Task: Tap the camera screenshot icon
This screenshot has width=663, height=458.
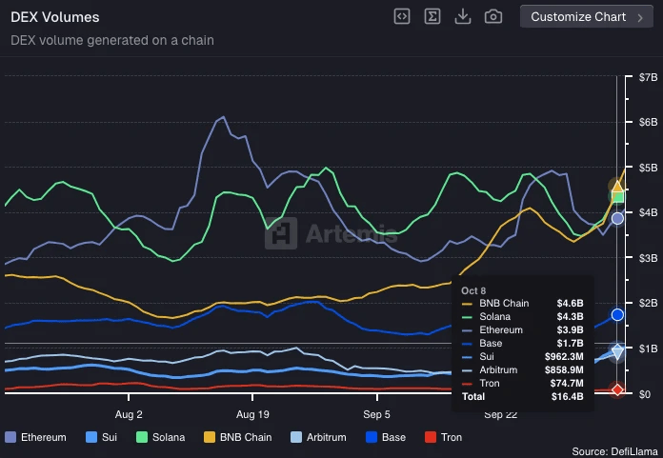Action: click(x=493, y=16)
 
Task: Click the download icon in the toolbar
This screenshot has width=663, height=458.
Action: click(x=463, y=16)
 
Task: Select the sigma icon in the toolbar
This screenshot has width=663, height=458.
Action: click(x=432, y=16)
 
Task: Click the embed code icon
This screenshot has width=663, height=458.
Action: click(x=402, y=16)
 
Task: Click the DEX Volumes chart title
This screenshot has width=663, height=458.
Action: click(x=54, y=17)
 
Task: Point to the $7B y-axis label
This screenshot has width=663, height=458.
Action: click(x=648, y=76)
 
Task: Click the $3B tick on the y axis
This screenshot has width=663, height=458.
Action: click(x=648, y=258)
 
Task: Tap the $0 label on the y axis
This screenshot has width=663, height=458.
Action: click(x=644, y=394)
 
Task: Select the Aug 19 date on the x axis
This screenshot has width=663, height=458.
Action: click(x=252, y=415)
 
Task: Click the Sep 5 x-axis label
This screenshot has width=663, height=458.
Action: click(x=376, y=415)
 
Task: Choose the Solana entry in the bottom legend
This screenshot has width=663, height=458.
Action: click(x=162, y=437)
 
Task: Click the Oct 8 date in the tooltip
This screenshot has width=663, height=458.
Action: click(x=473, y=289)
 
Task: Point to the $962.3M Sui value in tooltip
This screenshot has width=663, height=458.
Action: click(x=564, y=356)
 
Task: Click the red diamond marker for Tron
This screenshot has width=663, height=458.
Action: click(x=617, y=388)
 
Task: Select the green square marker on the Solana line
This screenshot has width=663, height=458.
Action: click(x=617, y=197)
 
